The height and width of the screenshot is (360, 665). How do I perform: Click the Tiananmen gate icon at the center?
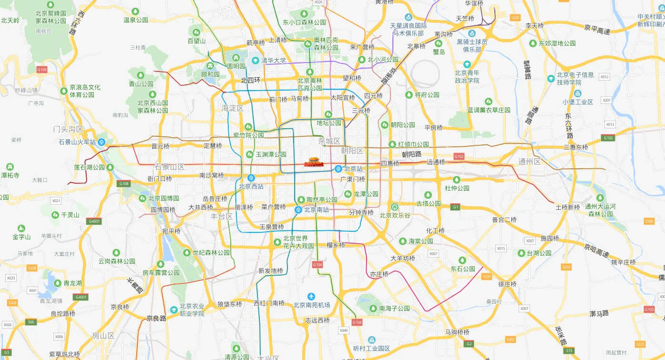click(x=314, y=163)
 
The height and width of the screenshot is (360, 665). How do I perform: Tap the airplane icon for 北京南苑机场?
click(x=311, y=297)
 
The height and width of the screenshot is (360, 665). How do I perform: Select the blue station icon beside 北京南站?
click(x=298, y=209)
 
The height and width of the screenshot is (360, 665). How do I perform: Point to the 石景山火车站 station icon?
click(x=102, y=142)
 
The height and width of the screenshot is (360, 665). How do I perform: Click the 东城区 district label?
click(x=329, y=141)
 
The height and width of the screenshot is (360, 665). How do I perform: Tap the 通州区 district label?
click(x=529, y=162)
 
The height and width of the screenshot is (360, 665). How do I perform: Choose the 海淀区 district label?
click(x=233, y=108)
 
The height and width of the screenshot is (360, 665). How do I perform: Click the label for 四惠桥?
click(x=390, y=164)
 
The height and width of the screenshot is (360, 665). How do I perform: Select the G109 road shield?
click(x=42, y=70)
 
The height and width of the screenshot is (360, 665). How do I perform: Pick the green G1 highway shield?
click(x=456, y=207)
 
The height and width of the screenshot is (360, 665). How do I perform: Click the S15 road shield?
click(x=570, y=350)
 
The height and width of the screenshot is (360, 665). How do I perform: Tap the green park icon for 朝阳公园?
click(x=385, y=125)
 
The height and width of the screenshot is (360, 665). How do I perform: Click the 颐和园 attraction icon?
click(x=210, y=66)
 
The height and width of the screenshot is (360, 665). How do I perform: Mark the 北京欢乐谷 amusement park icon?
click(x=394, y=207)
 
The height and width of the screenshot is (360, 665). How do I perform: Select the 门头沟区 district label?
click(x=68, y=129)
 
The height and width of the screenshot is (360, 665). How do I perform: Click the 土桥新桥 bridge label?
click(x=567, y=207)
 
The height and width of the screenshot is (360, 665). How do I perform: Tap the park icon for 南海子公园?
click(x=373, y=309)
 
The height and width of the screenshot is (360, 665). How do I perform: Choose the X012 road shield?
click(x=604, y=76)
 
